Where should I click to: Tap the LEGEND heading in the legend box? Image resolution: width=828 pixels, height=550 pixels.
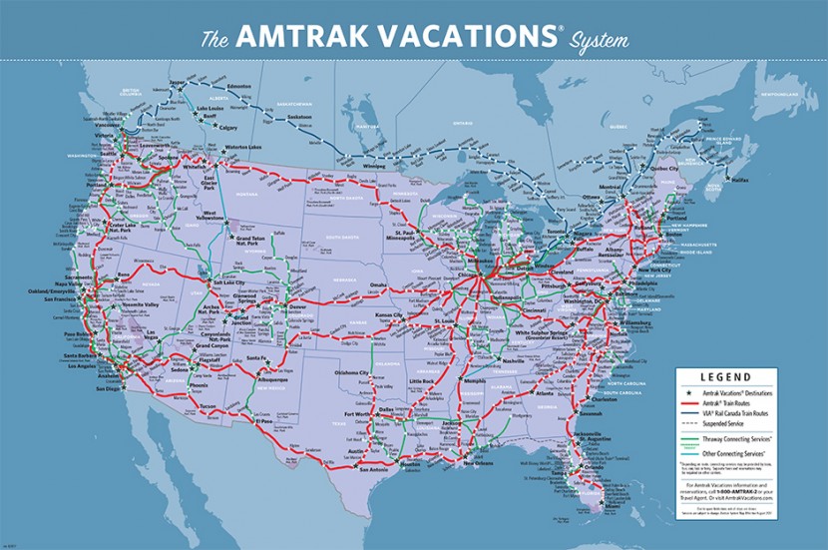(x=738, y=378)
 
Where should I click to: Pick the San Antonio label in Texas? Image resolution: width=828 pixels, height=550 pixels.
(x=378, y=468)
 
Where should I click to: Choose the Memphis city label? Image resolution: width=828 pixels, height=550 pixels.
(x=476, y=380)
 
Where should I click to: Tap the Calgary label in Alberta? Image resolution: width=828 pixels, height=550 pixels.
(x=227, y=128)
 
